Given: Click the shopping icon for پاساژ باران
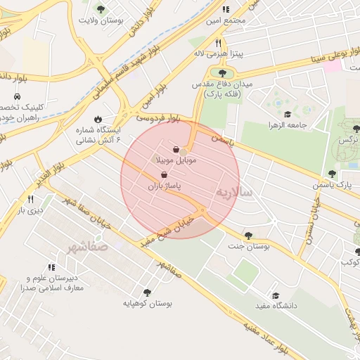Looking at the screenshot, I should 164,175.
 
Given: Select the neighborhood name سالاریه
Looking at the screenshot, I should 232,192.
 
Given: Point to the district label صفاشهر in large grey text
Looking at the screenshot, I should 87,247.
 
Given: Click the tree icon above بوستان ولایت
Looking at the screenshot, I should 101,9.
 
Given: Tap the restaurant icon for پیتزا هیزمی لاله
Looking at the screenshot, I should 199,42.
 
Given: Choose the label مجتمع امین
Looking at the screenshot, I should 226,20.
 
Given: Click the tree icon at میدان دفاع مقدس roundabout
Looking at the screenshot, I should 222,72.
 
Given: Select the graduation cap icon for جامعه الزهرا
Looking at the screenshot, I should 287,114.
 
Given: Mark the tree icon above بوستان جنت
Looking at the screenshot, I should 248,235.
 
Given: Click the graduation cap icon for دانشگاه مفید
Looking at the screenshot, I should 276,295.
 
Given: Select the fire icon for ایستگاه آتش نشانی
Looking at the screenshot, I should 98,119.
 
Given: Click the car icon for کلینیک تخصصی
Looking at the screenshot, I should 15,96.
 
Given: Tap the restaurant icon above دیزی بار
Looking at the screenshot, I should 30,199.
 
